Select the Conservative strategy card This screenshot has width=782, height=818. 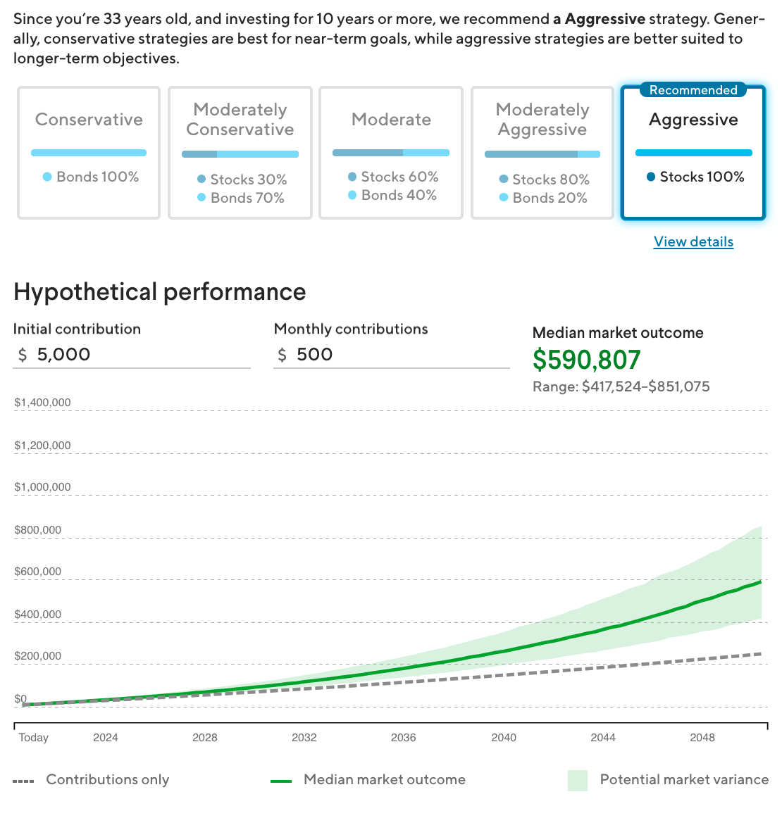pos(89,153)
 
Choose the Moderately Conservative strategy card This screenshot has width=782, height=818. pos(240,153)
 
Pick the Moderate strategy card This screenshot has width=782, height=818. pos(391,153)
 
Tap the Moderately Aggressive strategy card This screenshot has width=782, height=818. pos(542,153)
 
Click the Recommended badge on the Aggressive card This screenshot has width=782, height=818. pos(693,90)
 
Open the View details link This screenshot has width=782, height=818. pos(693,241)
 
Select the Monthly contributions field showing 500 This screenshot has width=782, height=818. pos(392,354)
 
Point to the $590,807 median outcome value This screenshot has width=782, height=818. pos(587,360)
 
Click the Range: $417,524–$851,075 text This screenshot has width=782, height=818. pos(621,386)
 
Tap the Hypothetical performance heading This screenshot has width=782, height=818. pos(160,291)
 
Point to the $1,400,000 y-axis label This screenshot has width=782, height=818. pos(42,403)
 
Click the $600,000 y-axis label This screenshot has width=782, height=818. pos(38,572)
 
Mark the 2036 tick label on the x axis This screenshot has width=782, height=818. pos(404,738)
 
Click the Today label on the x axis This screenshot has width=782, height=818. pos(34,738)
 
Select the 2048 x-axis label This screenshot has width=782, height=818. pos(702,738)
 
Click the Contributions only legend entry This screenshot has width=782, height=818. pos(92,780)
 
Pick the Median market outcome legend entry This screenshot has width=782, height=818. pos(368,780)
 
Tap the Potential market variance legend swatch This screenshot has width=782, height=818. pos(578,780)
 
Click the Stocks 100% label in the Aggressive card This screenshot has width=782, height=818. pos(702,177)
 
